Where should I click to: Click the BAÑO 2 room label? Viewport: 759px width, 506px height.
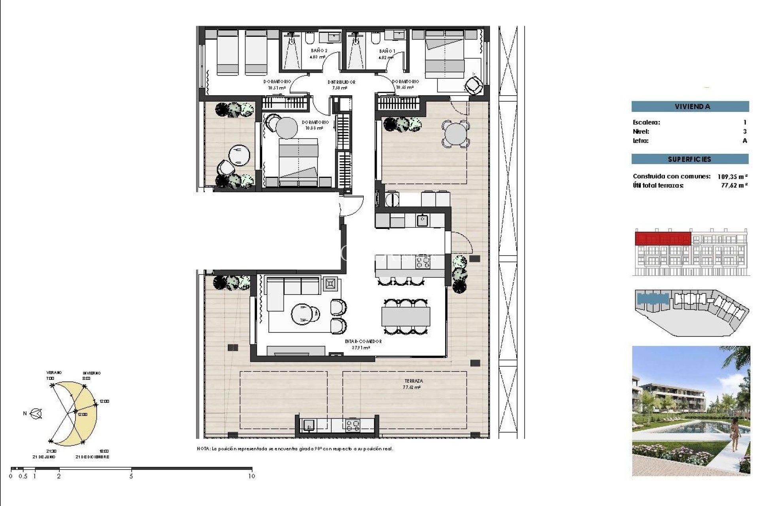click(x=319, y=51)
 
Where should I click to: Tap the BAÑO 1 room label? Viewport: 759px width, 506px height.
click(x=387, y=51)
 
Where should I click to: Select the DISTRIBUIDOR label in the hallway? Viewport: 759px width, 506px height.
click(x=341, y=82)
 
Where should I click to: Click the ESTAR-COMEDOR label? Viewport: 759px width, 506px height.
click(x=363, y=341)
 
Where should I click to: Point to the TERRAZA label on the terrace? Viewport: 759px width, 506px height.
click(x=413, y=381)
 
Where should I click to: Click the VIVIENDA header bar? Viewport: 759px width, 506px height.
click(x=690, y=106)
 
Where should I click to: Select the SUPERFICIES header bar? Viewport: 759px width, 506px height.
click(x=690, y=159)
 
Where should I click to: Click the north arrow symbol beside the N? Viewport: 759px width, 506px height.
click(x=36, y=414)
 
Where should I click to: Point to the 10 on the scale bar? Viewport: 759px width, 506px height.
click(x=251, y=476)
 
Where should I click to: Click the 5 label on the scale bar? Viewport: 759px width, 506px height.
click(x=131, y=476)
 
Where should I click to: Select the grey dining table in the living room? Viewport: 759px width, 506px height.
click(x=406, y=316)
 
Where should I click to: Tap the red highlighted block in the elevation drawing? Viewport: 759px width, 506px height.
click(x=663, y=239)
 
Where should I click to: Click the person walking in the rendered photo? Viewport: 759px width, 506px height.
click(x=735, y=435)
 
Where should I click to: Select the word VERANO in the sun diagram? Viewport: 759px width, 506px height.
click(x=54, y=373)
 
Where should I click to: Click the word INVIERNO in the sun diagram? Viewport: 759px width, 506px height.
click(x=91, y=373)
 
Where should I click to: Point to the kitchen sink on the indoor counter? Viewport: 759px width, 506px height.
click(x=422, y=220)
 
